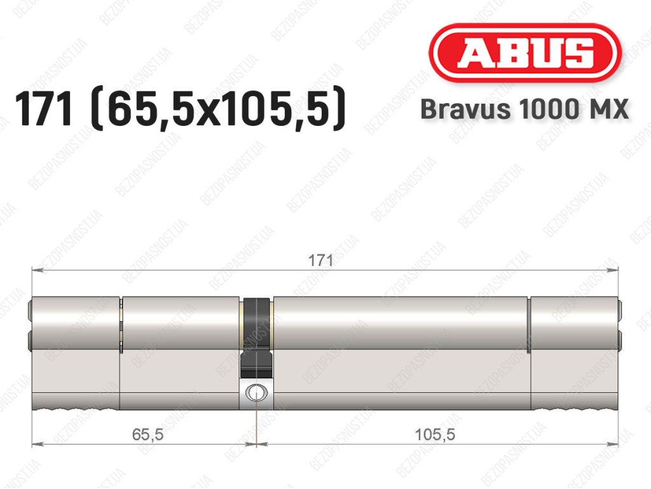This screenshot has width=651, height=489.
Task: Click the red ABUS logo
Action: (x=524, y=53)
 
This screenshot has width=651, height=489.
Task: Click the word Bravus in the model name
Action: (x=465, y=109)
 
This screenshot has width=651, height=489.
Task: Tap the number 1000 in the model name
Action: (x=546, y=109)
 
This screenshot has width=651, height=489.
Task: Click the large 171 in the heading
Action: (x=44, y=109)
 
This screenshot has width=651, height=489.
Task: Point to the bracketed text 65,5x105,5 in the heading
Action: (x=219, y=109)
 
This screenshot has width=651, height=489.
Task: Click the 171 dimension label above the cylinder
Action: (x=320, y=261)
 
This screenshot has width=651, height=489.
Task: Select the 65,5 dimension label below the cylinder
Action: (x=147, y=434)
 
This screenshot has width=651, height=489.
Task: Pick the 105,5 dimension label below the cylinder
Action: (x=435, y=434)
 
